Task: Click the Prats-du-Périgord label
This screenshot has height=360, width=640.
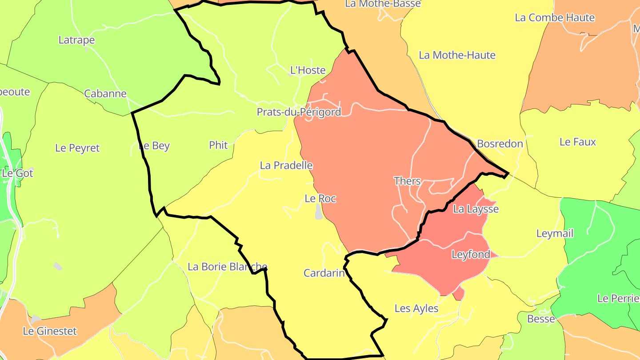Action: pos(299,112)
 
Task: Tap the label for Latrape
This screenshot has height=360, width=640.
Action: pos(76,40)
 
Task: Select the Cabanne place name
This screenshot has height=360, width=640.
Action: pos(105,94)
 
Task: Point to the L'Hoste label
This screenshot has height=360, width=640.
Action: pos(308,70)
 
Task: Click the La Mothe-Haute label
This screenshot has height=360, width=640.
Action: pos(457,55)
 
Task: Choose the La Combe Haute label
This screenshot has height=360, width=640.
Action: pos(555,18)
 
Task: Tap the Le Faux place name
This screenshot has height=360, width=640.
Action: pos(577,142)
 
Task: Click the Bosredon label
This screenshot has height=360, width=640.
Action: pos(500,144)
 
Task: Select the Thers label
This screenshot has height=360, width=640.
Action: pos(407,181)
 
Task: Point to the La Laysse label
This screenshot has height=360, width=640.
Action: pos(476,209)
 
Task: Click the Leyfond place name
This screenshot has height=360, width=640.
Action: pos(471,255)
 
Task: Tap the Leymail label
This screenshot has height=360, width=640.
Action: pos(555,233)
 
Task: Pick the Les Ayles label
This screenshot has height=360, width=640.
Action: pos(416,308)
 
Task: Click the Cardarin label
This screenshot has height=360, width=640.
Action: pos(324,273)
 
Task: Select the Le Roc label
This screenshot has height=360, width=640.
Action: pos(320,199)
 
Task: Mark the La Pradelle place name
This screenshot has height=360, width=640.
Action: pos(286,165)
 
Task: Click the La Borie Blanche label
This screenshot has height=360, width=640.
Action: pos(227,267)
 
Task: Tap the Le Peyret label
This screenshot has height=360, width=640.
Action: pos(77,148)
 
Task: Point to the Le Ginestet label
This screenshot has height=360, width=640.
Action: pos(50,331)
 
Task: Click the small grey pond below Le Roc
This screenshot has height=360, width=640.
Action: pos(319,212)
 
